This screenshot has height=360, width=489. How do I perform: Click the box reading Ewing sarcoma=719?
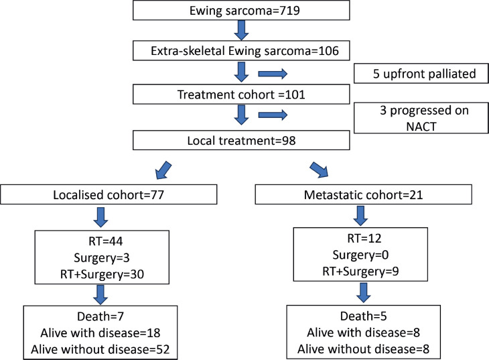click(x=241, y=10)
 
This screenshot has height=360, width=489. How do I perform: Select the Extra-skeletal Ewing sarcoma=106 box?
click(x=241, y=50)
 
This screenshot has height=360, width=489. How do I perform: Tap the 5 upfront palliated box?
click(x=421, y=74)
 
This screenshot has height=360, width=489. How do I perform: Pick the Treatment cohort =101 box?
click(x=241, y=95)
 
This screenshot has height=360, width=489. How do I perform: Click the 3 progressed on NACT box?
click(x=421, y=118)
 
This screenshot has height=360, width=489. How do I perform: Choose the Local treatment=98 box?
click(x=241, y=140)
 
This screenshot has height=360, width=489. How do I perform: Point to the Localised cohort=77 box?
click(x=109, y=194)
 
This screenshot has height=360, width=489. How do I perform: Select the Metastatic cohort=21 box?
click(x=363, y=194)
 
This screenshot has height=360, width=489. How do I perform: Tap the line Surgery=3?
click(x=102, y=258)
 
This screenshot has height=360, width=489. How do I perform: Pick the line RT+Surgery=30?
click(x=102, y=274)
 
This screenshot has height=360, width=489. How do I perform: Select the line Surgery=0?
click(x=360, y=255)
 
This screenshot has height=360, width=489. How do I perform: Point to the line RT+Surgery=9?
click(x=360, y=272)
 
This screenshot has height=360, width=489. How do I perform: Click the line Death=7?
click(x=100, y=316)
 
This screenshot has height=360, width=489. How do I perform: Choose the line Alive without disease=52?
click(x=100, y=349)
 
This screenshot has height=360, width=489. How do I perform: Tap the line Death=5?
click(x=363, y=316)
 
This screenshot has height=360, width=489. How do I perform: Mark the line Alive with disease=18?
click(x=100, y=333)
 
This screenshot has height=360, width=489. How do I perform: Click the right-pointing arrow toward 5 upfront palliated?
click(x=273, y=74)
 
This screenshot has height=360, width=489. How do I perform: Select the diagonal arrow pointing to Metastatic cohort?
click(x=319, y=170)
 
